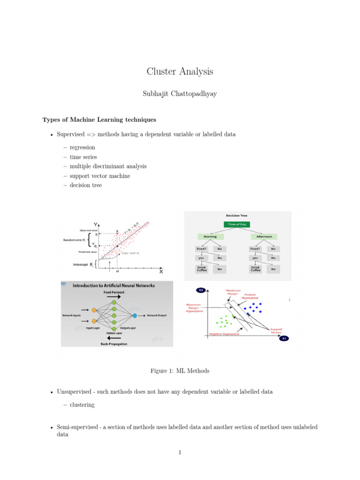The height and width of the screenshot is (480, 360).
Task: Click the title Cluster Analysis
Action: point(180,71)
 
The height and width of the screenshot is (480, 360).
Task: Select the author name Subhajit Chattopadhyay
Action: point(180,94)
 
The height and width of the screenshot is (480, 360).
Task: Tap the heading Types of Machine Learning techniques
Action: point(99,120)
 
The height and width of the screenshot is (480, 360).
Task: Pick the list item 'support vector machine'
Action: point(100,176)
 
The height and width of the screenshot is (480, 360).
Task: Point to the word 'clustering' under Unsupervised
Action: point(82,405)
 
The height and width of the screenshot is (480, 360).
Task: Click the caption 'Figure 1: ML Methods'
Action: point(180,371)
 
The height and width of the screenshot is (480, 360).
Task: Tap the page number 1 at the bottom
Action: point(180,452)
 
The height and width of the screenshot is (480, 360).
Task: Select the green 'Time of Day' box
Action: point(237,225)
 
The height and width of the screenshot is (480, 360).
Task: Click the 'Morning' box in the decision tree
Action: point(210,237)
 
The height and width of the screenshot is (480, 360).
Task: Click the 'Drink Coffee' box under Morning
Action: point(202,269)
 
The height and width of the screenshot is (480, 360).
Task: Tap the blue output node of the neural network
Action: point(135,315)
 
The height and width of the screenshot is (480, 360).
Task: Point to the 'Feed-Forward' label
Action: point(114,292)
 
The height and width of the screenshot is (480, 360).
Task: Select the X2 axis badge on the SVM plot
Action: point(201,290)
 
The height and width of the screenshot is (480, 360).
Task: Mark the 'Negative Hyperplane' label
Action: point(224,334)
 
